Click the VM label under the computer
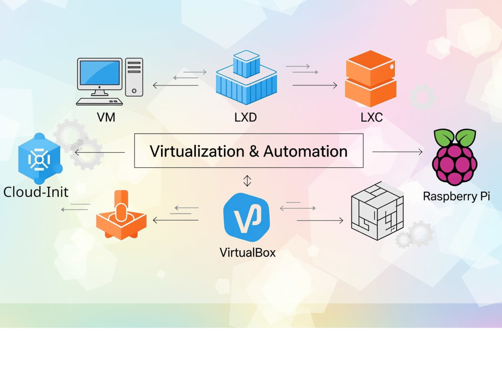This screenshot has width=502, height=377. [106, 117]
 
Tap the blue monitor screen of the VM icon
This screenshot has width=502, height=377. [99, 73]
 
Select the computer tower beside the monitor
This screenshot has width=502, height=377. [134, 77]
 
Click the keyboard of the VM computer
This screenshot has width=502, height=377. [99, 102]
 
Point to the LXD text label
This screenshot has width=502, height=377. [245, 117]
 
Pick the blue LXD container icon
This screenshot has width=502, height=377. [246, 77]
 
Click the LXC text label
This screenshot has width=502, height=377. [371, 117]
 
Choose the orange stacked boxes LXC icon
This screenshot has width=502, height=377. [370, 78]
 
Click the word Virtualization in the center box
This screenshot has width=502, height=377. [197, 151]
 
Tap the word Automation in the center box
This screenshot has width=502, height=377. [305, 151]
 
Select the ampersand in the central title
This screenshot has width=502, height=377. [254, 151]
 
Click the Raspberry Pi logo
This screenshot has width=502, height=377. [455, 157]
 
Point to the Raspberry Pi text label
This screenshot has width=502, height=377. [456, 196]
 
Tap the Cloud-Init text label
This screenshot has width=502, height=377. [36, 192]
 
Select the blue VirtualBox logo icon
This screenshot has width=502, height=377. [246, 217]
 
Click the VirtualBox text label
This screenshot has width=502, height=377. [247, 253]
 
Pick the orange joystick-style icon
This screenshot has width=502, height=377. [121, 216]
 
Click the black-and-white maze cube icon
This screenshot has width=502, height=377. [377, 211]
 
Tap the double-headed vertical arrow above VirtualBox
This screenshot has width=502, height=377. [247, 181]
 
